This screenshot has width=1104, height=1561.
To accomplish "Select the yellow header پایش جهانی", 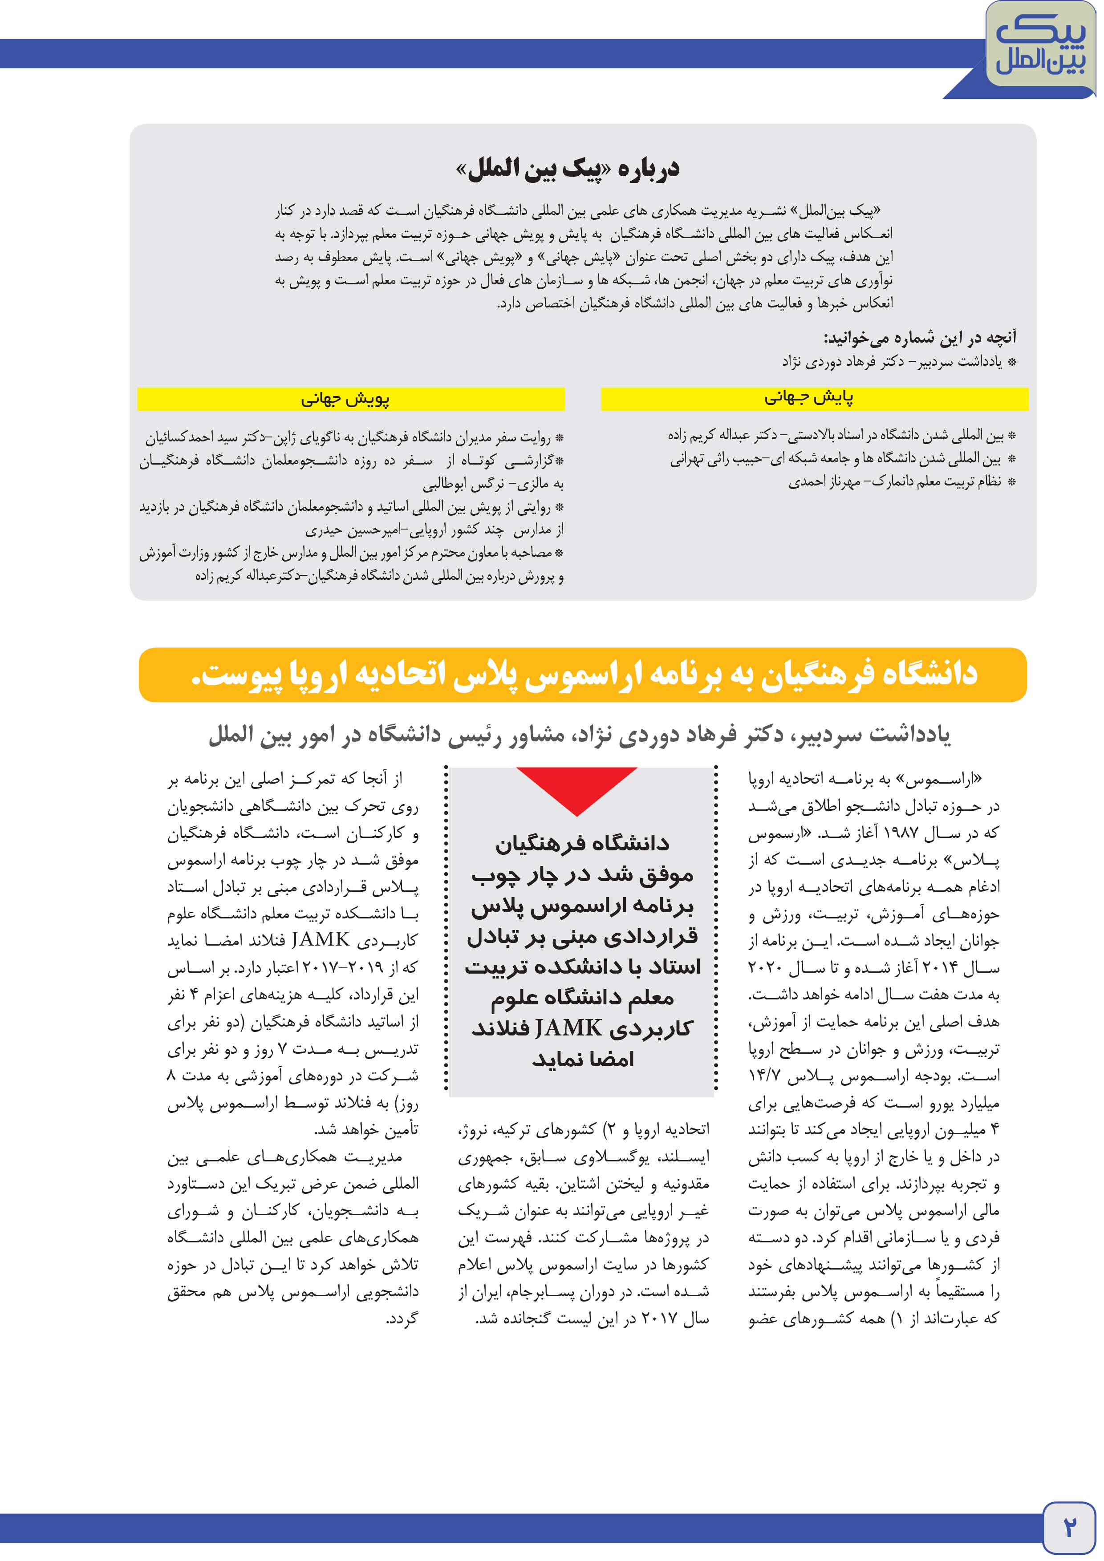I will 814,398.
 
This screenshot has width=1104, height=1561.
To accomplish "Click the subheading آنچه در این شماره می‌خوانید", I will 920,337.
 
